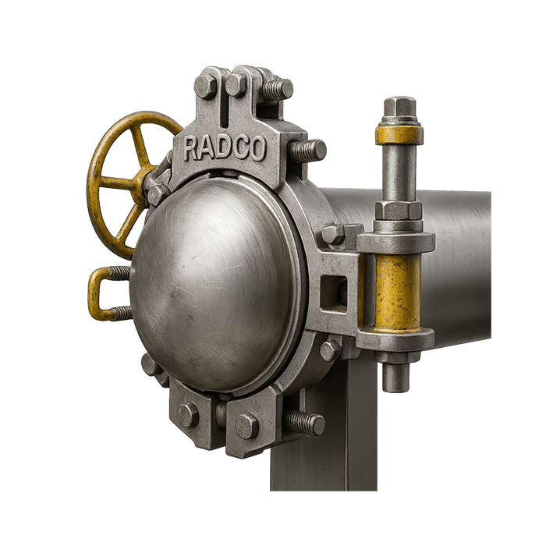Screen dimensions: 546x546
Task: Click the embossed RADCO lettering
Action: point(224,149)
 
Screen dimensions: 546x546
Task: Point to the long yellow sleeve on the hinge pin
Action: point(397,292)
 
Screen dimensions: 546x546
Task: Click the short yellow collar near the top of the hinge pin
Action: point(399,135)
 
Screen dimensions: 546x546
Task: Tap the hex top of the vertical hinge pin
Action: point(399,105)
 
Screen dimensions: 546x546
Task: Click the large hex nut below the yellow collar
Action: point(399,211)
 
